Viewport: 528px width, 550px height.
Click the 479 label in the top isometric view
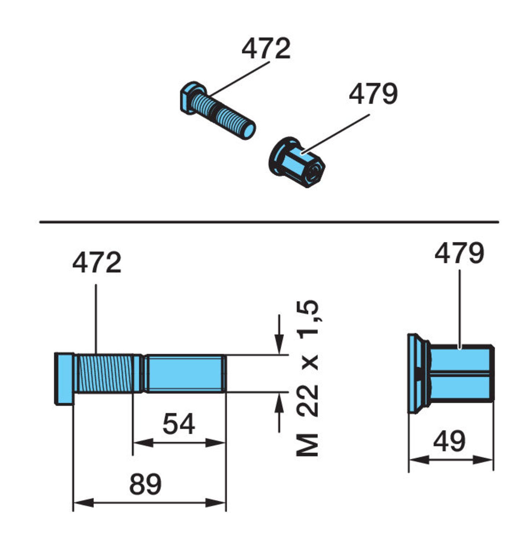point(373,94)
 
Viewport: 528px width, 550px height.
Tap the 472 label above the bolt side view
point(97,263)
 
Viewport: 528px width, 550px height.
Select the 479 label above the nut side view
point(459,253)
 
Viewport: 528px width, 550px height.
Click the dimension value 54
point(178,424)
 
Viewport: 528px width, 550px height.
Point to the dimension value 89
point(145,484)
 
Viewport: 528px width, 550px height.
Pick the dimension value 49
point(449,441)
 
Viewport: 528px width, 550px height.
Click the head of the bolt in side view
point(64,378)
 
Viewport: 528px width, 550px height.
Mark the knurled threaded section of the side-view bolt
point(105,373)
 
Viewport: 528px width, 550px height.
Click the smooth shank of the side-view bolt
point(185,373)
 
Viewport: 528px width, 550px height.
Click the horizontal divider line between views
point(269,222)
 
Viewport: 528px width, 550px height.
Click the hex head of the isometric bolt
point(192,97)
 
